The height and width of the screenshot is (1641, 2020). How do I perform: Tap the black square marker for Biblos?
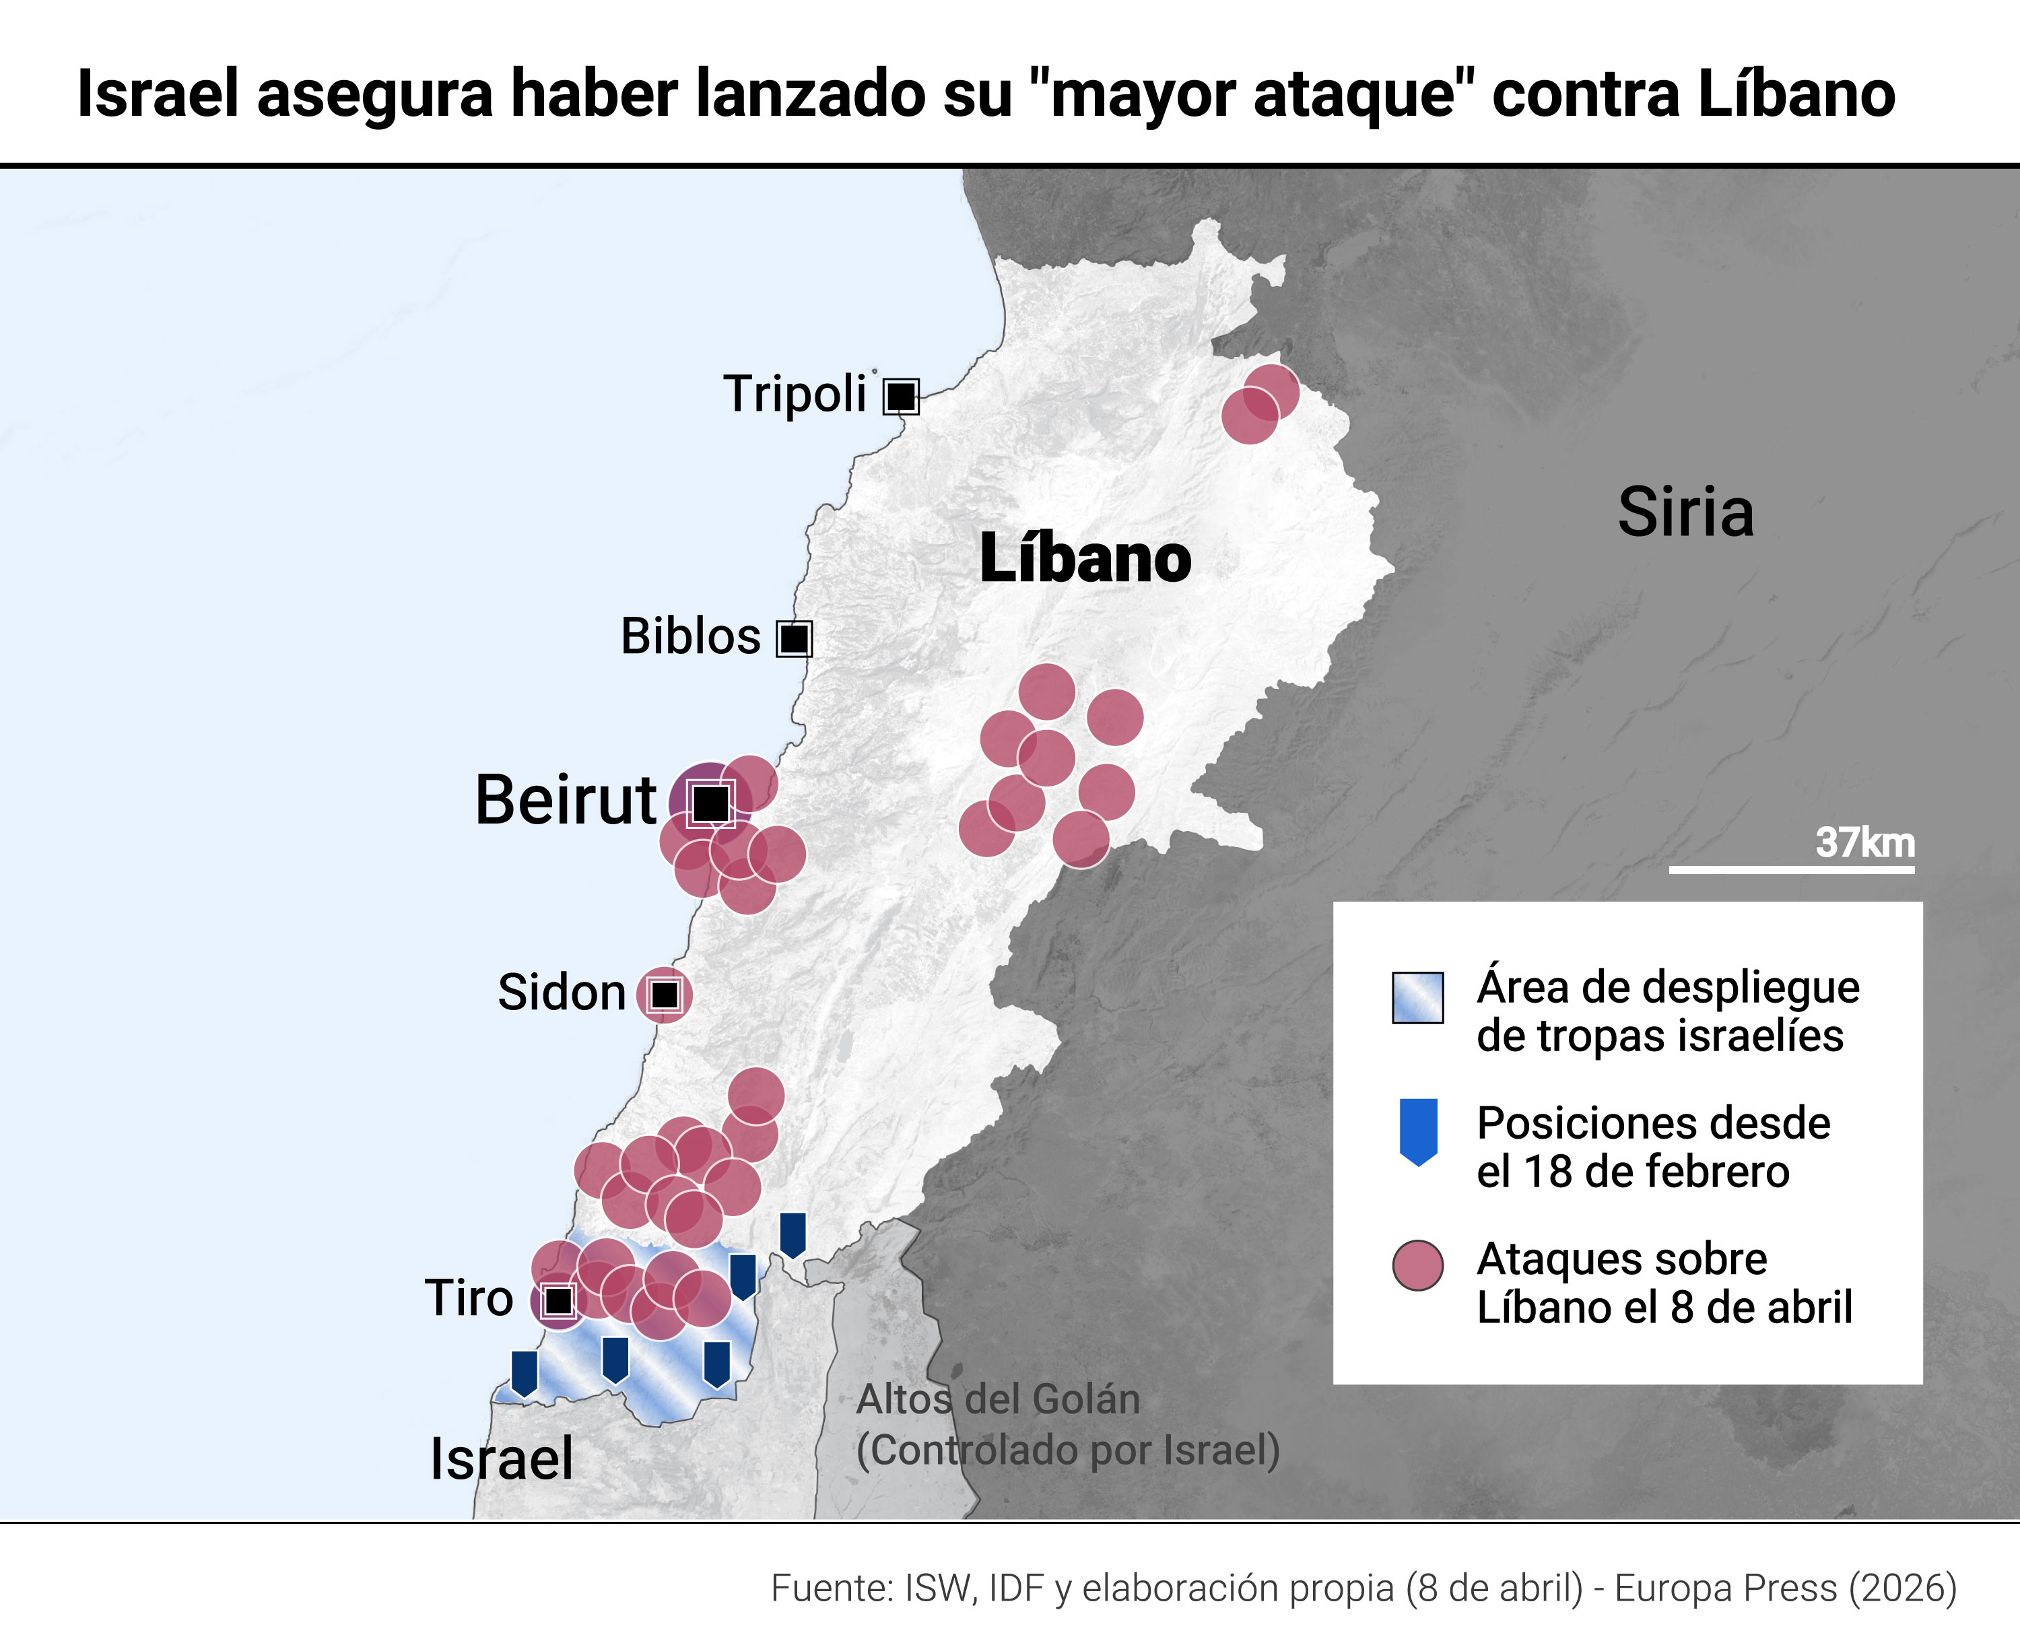click(x=794, y=639)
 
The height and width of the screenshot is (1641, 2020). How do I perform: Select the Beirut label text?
click(x=565, y=801)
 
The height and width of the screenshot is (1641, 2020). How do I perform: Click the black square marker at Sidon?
click(x=665, y=995)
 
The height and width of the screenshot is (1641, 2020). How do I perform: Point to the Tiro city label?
click(x=469, y=1298)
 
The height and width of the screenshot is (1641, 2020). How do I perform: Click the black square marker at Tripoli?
click(x=901, y=396)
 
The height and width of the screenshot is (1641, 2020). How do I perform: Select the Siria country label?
click(x=1685, y=513)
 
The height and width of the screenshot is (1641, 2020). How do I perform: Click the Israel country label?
click(x=501, y=1459)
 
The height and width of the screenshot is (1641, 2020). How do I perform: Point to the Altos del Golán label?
click(x=998, y=1400)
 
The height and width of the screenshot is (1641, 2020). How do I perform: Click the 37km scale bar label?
click(x=1864, y=843)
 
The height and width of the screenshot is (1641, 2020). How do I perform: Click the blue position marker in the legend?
click(x=1418, y=1131)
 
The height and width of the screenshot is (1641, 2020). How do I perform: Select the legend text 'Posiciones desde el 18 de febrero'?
click(x=1652, y=1147)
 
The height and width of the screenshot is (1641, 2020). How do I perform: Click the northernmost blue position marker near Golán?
click(x=792, y=1234)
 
